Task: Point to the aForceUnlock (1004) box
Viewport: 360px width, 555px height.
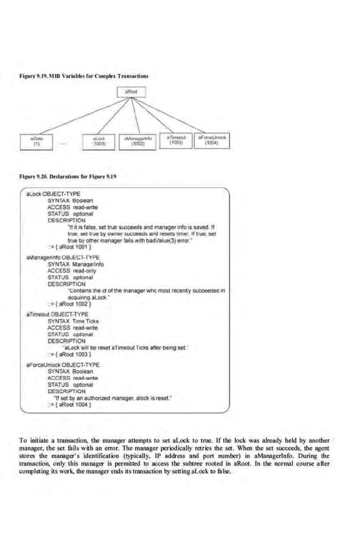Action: tap(212, 140)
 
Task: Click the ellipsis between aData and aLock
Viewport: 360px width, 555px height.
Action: tap(65, 143)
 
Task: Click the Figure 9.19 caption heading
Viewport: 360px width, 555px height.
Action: tap(84, 75)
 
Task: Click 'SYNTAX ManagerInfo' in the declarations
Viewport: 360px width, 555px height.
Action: tap(75, 263)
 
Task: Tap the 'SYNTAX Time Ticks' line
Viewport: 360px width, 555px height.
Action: tap(73, 319)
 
